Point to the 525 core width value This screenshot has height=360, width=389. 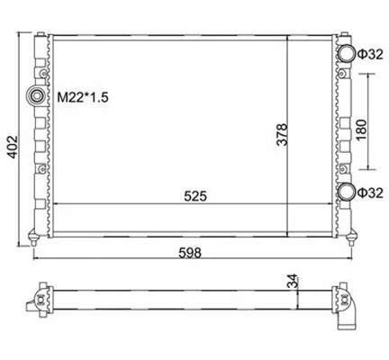click(193, 194)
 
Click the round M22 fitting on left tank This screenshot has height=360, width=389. click(38, 96)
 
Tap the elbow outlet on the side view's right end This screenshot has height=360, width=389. click(350, 311)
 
